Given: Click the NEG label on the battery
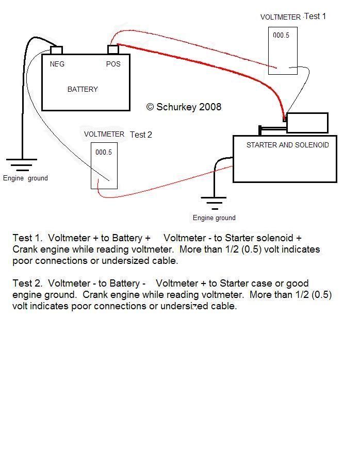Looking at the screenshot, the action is click(x=57, y=64).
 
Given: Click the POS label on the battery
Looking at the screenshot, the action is click(x=113, y=64).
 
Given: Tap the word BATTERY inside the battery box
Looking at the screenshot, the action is click(x=83, y=89).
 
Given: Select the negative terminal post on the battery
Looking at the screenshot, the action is click(x=56, y=50).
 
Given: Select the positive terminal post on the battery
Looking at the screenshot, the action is click(x=113, y=49).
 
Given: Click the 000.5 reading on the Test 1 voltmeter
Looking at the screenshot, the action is click(x=281, y=35).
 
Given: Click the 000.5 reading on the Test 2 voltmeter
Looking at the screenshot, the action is click(x=104, y=152).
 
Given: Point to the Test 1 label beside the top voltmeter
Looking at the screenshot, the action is click(x=315, y=16).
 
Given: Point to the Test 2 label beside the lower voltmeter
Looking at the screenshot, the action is click(x=141, y=135).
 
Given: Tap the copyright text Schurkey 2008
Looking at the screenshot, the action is click(x=184, y=107).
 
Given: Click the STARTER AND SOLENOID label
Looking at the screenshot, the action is click(x=288, y=145).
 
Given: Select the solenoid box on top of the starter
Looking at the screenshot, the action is click(x=307, y=123).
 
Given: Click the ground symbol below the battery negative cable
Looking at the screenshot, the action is click(x=22, y=165).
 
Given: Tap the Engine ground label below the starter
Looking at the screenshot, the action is click(x=214, y=218).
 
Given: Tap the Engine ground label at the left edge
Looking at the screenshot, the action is click(x=25, y=178).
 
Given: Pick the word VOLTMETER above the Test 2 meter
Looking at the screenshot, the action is click(x=104, y=134).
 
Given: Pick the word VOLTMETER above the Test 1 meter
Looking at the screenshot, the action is click(x=281, y=18).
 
